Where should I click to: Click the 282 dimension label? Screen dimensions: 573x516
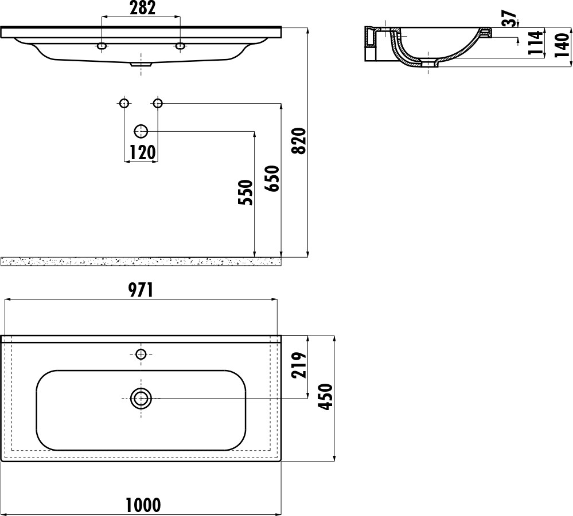point(142,8)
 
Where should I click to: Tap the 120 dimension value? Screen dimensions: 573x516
point(142,152)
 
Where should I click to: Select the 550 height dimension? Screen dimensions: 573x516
point(245,192)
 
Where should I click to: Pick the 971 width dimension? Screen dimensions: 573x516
point(141,290)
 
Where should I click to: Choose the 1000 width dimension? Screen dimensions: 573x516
point(143,505)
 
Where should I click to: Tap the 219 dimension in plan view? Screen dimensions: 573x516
point(299,365)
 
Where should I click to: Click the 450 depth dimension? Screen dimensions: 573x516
point(325,397)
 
